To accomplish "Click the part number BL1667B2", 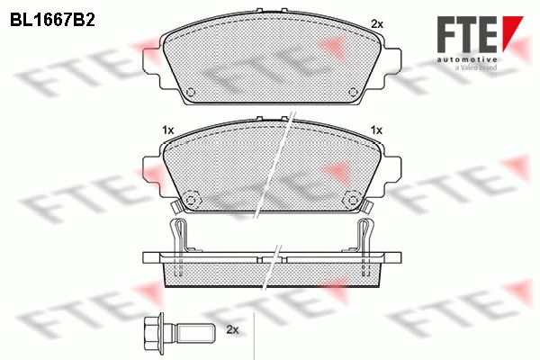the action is [x=52, y=21].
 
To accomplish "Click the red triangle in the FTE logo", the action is [x=512, y=31].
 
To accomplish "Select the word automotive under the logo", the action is [x=466, y=60].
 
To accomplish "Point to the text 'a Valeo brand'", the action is [x=475, y=67].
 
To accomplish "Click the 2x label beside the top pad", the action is [x=377, y=24].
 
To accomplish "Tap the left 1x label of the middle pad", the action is [x=168, y=130].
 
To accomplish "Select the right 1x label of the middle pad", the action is [x=376, y=130].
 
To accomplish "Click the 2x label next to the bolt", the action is [x=232, y=329].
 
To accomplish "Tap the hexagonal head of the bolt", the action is [x=154, y=332].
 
